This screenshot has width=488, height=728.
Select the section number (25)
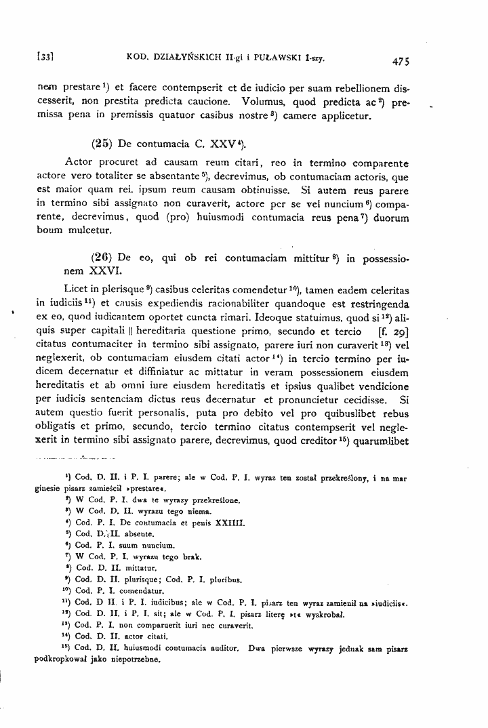[102, 144]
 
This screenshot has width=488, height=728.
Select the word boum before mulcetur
[49, 230]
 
